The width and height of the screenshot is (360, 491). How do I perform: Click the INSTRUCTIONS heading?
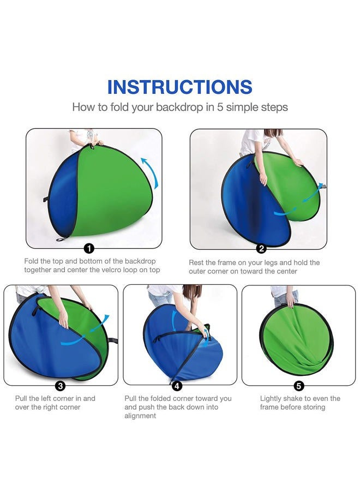(x=179, y=87)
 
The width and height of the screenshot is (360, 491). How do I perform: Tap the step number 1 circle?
(x=89, y=249)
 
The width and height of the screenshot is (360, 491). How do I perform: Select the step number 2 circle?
(x=261, y=249)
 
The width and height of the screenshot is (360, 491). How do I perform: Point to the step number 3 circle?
(x=61, y=386)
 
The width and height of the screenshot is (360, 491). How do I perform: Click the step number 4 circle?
(x=177, y=386)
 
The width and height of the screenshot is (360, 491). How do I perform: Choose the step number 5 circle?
(x=299, y=386)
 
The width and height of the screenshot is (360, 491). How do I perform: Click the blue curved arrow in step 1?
(x=152, y=172)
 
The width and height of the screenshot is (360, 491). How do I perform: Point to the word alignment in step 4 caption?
(x=140, y=416)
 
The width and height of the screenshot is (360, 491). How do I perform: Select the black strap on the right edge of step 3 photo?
(x=113, y=340)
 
